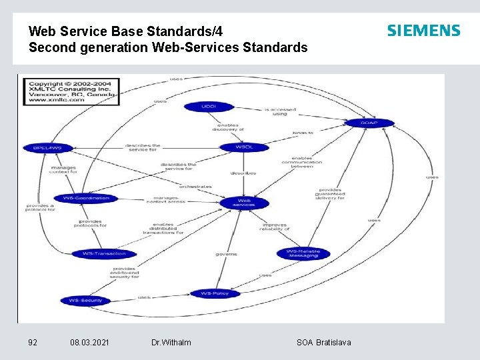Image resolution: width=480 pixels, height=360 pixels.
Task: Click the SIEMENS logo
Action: pyautogui.click(x=423, y=31)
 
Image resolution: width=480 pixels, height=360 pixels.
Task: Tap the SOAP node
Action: pyautogui.click(x=369, y=123)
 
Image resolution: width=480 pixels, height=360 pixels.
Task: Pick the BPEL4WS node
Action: pyautogui.click(x=47, y=147)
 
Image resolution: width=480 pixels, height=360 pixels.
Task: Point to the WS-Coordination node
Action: pyautogui.click(x=86, y=198)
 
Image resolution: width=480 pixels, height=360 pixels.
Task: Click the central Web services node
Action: pyautogui.click(x=245, y=203)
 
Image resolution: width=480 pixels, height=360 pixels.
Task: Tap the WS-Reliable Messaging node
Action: pyautogui.click(x=303, y=253)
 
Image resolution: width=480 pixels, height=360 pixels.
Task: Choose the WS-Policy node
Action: pyautogui.click(x=214, y=293)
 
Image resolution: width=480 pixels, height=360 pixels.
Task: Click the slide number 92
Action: pyautogui.click(x=33, y=342)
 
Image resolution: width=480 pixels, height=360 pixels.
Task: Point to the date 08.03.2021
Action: pyautogui.click(x=91, y=342)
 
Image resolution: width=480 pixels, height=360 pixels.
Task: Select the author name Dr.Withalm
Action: pyautogui.click(x=171, y=342)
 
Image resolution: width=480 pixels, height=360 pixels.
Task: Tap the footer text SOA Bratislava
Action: pyautogui.click(x=323, y=342)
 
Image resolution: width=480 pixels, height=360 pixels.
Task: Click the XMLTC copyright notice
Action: pyautogui.click(x=71, y=92)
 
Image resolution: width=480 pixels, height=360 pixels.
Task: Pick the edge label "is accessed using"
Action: pyautogui.click(x=280, y=111)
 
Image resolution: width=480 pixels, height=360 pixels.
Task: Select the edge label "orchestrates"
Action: pyautogui.click(x=195, y=187)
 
